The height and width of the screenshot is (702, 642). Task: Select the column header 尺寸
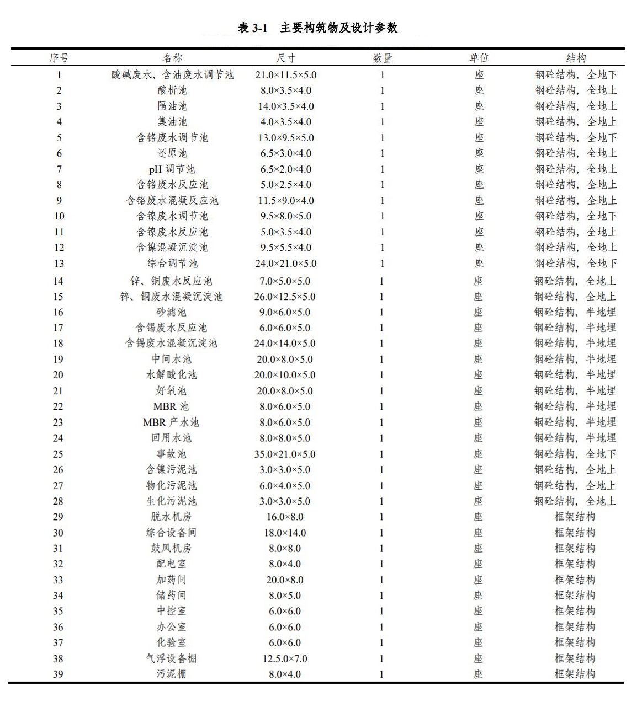click(x=285, y=58)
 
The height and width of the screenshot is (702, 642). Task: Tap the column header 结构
click(x=576, y=58)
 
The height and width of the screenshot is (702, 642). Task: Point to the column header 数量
click(x=383, y=58)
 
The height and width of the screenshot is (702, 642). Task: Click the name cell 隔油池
click(x=172, y=106)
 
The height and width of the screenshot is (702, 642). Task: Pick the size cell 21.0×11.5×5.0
click(x=285, y=75)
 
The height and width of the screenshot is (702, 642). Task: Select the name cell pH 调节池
click(x=172, y=169)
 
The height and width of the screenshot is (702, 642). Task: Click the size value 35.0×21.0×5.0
click(x=285, y=454)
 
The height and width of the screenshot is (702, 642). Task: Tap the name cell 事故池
click(x=171, y=454)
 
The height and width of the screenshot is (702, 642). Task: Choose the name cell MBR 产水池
click(x=171, y=422)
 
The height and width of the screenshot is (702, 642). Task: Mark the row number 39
click(x=59, y=674)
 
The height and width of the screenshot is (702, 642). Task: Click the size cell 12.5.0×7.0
click(x=285, y=658)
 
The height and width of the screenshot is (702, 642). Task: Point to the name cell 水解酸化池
click(x=171, y=375)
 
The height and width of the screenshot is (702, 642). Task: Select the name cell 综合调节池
click(x=172, y=264)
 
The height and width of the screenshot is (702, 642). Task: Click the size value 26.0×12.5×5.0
click(x=285, y=297)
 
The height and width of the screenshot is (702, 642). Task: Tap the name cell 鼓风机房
click(x=171, y=548)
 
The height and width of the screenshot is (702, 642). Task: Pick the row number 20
click(x=58, y=375)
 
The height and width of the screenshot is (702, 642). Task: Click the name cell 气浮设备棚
click(x=171, y=658)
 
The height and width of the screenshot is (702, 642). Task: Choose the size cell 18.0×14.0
click(x=285, y=533)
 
